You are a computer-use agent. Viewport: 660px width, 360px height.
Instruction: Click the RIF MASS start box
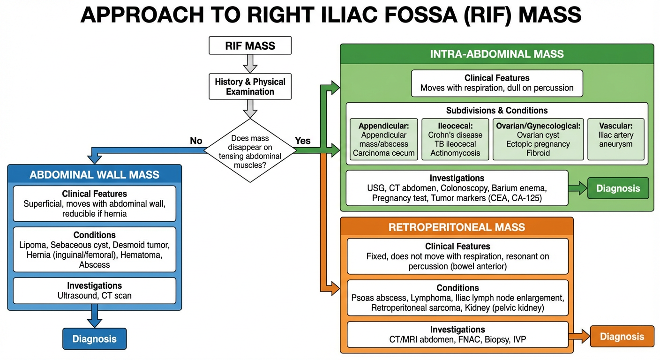click(250, 46)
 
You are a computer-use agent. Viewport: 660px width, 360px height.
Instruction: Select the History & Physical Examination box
click(250, 87)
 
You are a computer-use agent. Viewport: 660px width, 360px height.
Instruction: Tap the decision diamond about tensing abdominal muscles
click(250, 150)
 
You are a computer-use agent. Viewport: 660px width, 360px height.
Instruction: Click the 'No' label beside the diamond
click(196, 141)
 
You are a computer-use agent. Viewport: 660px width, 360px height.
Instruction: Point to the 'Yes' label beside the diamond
click(302, 141)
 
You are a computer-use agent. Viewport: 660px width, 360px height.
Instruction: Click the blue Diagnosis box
click(95, 338)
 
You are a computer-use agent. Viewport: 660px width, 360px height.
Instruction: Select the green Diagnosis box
click(618, 188)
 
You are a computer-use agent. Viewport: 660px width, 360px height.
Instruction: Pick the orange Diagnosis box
click(622, 337)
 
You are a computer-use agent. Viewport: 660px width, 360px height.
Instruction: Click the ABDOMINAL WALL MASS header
click(94, 175)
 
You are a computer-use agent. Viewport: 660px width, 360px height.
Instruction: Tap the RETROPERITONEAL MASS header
click(457, 227)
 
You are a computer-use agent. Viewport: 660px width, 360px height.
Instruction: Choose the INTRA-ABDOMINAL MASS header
click(496, 54)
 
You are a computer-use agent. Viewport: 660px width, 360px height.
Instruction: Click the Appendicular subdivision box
click(383, 139)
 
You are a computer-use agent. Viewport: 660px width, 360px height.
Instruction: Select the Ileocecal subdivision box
click(455, 139)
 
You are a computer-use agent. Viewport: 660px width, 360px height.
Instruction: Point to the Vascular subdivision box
click(615, 139)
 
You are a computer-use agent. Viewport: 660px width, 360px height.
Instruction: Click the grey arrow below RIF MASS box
click(250, 63)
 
